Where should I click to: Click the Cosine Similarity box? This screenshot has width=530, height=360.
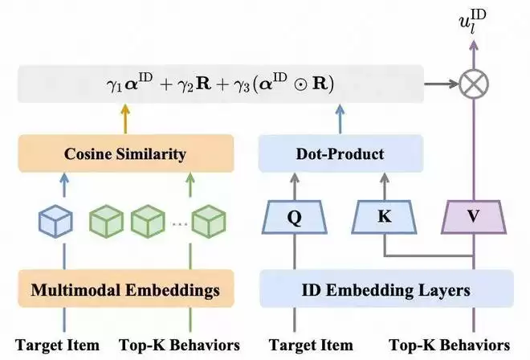click(x=125, y=153)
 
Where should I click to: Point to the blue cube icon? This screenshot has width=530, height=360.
click(x=57, y=219)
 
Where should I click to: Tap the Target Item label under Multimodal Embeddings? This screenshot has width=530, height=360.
click(x=57, y=345)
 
